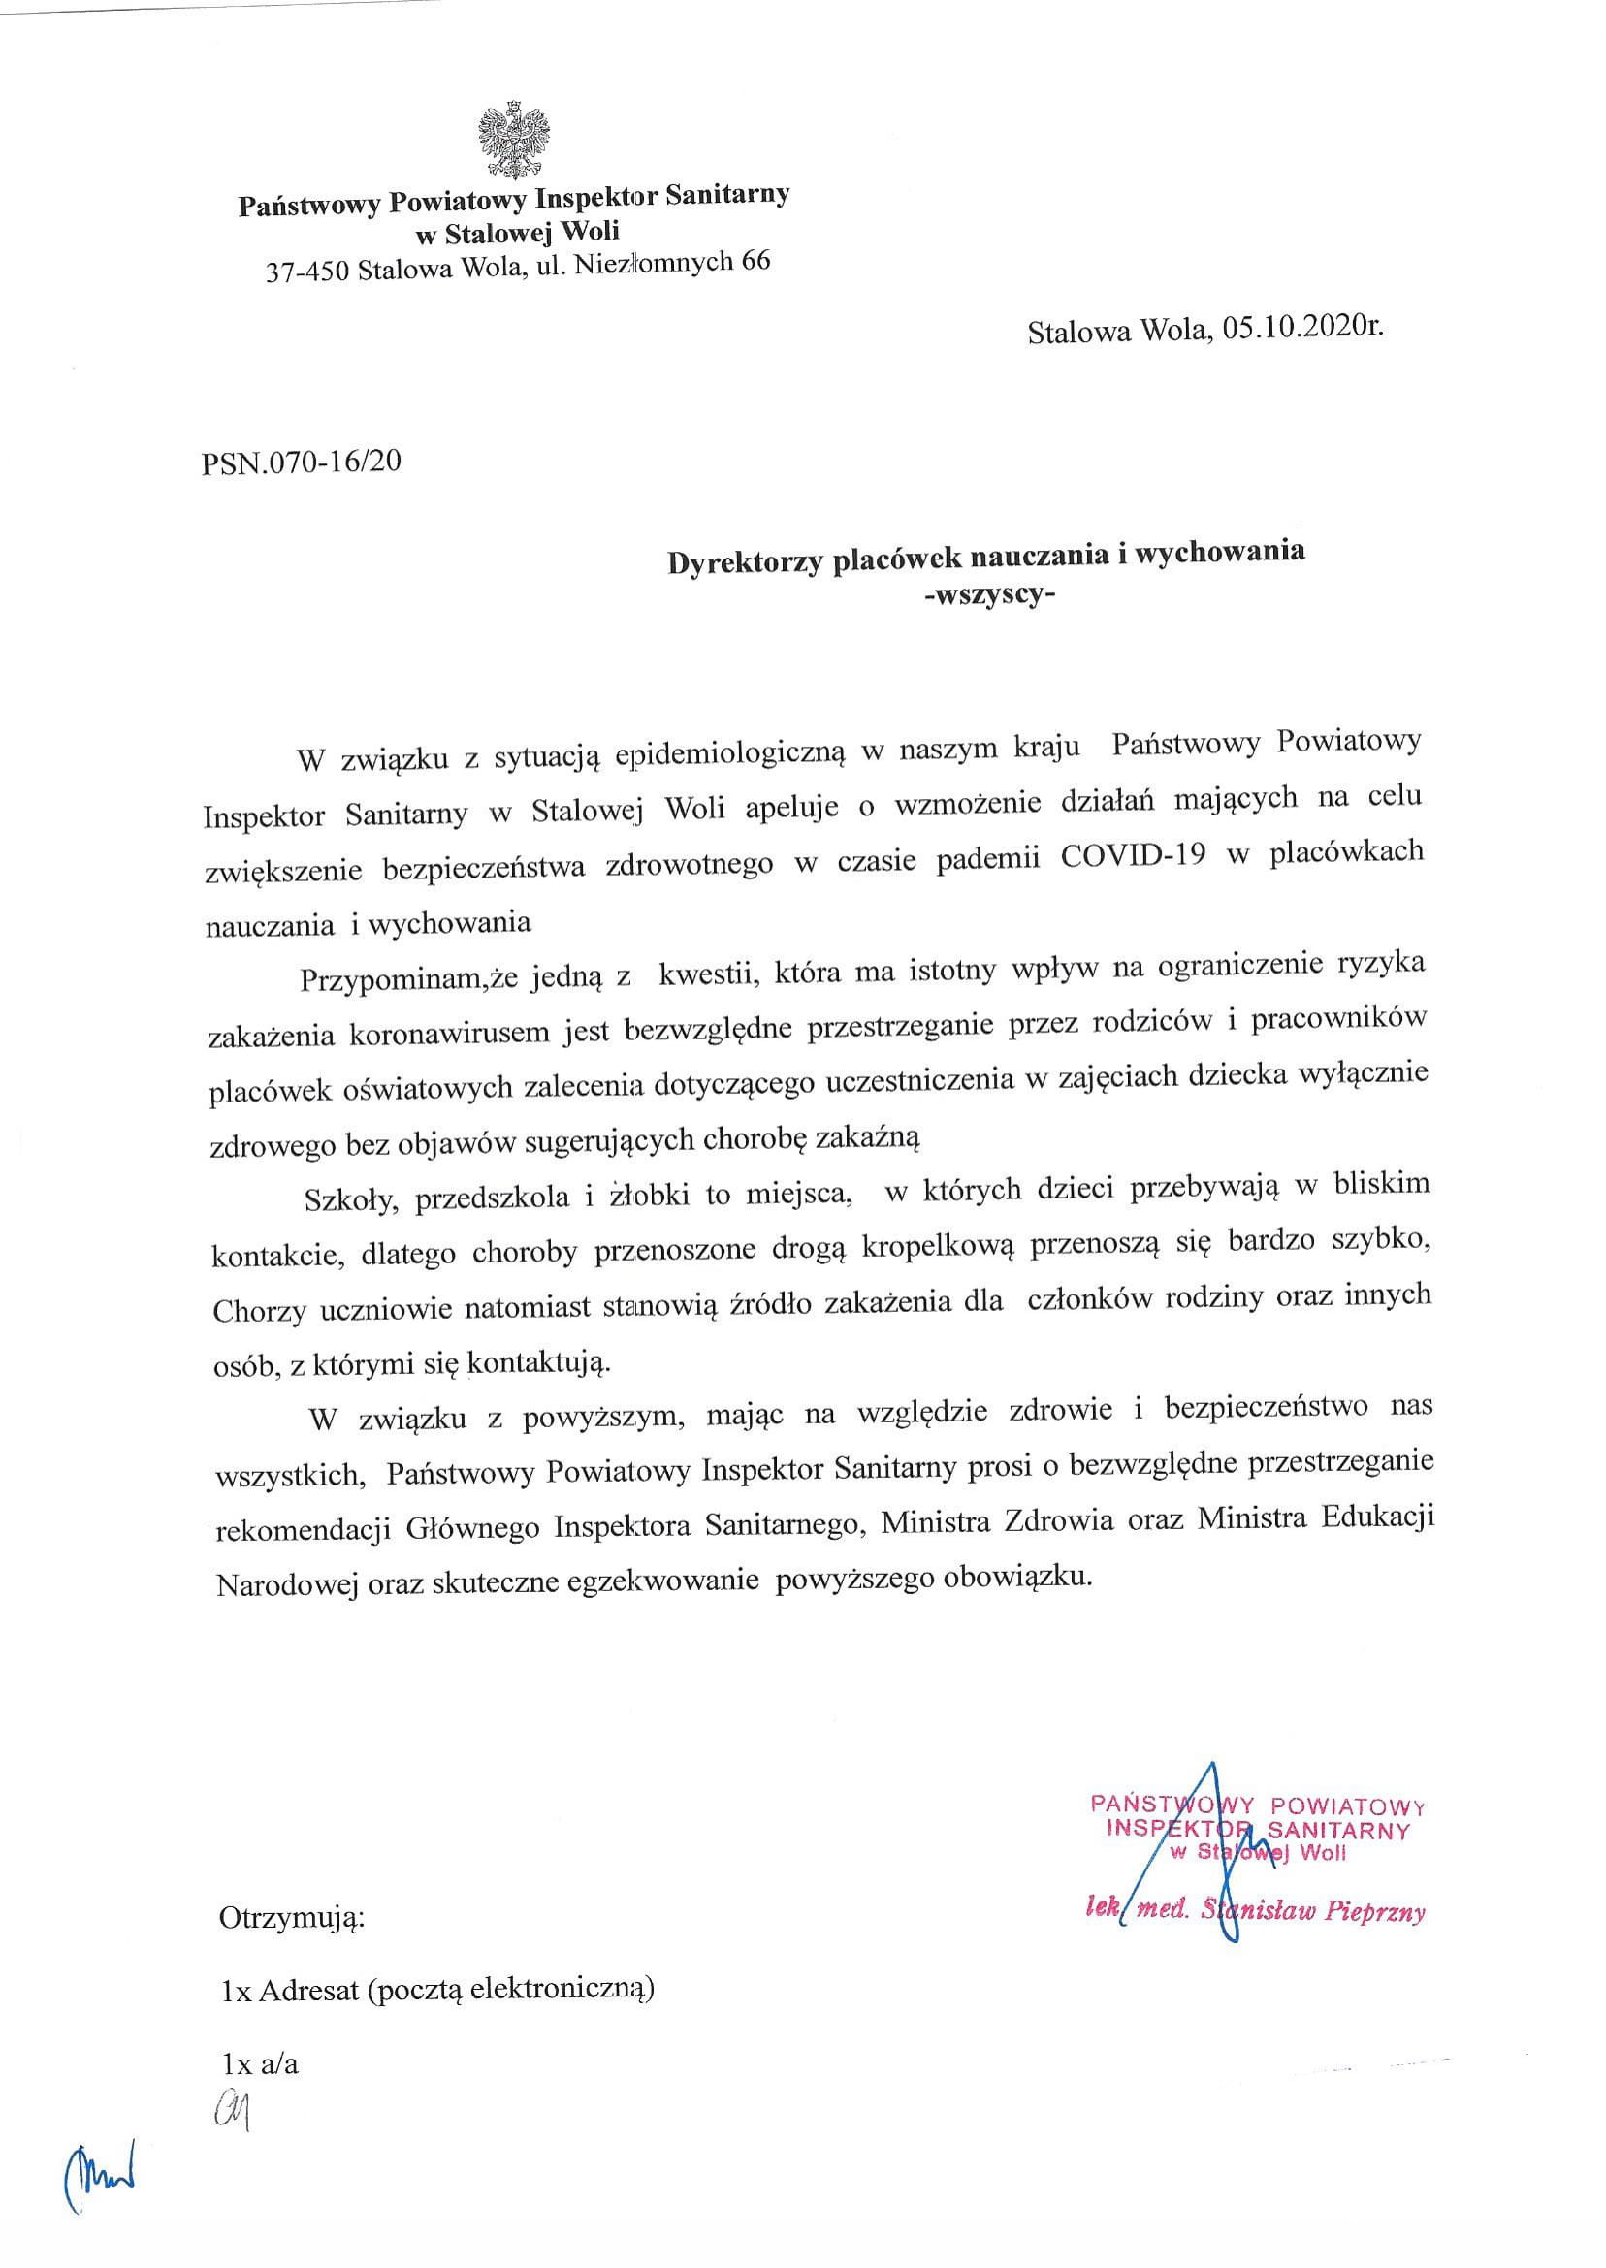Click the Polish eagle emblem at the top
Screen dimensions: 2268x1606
click(x=513, y=140)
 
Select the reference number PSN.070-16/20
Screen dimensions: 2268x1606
click(x=302, y=462)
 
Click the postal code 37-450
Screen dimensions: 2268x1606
click(x=306, y=270)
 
